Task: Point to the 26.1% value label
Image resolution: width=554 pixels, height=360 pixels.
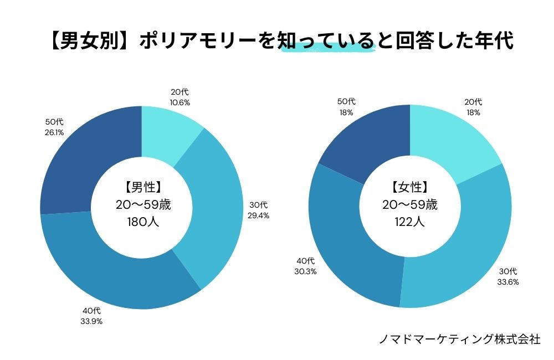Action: pos(53,133)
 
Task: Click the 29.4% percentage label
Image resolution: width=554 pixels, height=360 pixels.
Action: pos(258,215)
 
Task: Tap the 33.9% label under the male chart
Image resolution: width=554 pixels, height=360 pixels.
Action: pos(91,321)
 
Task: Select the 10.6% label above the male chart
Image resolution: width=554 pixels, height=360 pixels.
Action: pos(180,102)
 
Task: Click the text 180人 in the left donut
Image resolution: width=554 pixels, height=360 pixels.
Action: pos(142,223)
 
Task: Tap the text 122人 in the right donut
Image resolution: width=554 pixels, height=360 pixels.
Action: pos(409,223)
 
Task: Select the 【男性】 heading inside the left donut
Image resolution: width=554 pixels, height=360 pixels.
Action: pos(142,187)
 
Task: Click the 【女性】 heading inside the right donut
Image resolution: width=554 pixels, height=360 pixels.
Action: pos(409,187)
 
